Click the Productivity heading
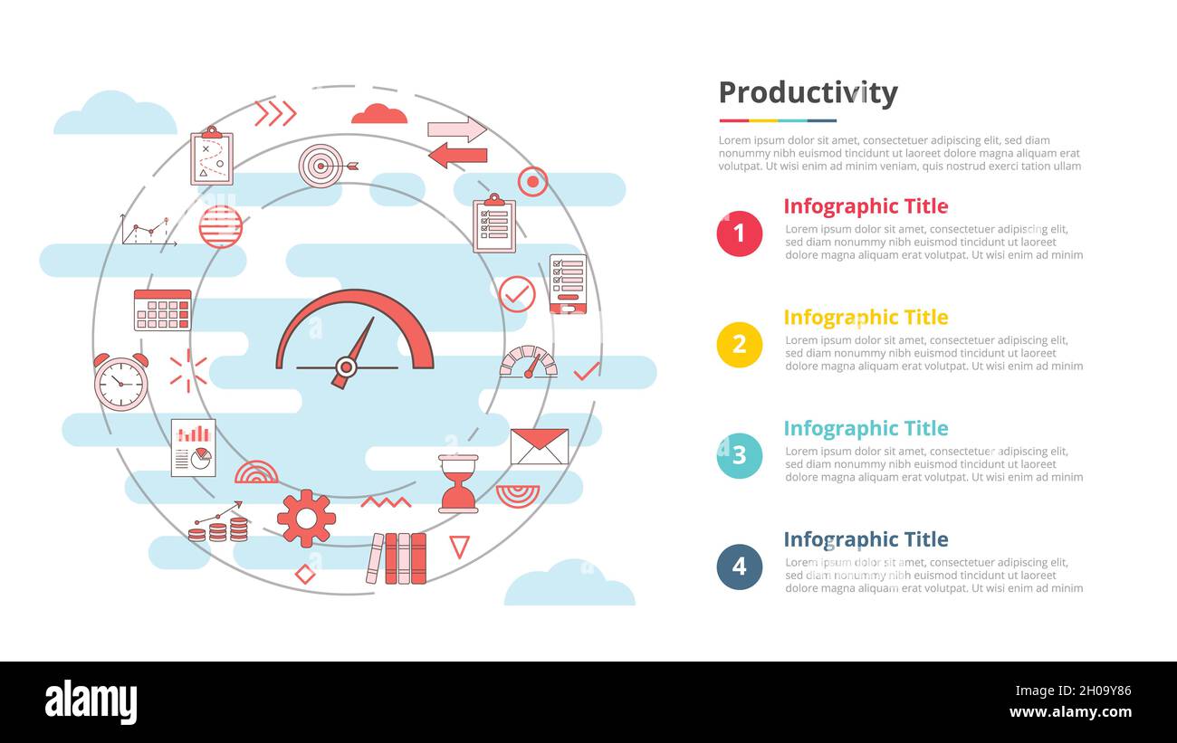[x=808, y=93]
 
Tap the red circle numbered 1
[x=739, y=233]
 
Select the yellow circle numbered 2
[x=739, y=345]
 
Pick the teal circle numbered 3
[x=739, y=456]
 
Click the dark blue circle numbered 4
[x=739, y=567]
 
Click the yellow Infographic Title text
[x=865, y=318]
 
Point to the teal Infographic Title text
[x=865, y=429]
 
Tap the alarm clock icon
[x=120, y=382]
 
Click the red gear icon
[x=306, y=518]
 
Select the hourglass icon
[x=458, y=484]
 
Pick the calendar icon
[x=162, y=310]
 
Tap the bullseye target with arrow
[x=324, y=166]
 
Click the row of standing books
[x=397, y=557]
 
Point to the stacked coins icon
[x=218, y=529]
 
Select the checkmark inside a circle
[x=517, y=294]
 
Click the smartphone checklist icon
[x=568, y=284]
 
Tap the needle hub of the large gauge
[x=345, y=367]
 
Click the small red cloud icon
[x=378, y=114]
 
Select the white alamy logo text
[x=91, y=702]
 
